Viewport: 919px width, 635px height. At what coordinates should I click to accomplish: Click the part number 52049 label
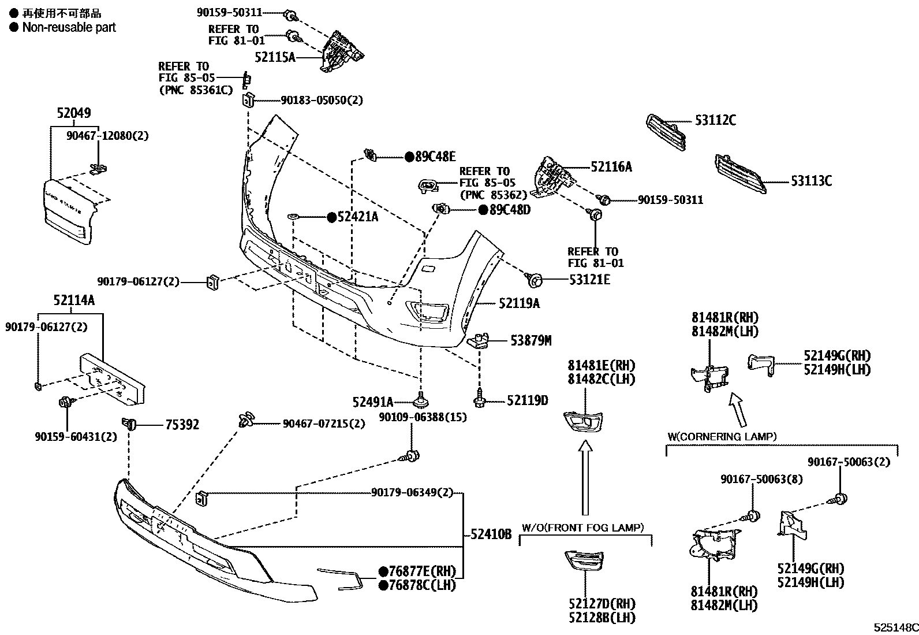pos(74,114)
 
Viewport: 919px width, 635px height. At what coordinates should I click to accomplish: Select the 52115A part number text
pos(275,57)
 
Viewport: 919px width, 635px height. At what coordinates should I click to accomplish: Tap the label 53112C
pos(715,121)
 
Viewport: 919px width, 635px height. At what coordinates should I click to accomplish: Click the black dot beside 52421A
pos(331,217)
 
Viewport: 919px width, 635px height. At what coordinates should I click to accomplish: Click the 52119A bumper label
pos(520,303)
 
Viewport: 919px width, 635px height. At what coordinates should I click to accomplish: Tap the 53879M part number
pos(531,341)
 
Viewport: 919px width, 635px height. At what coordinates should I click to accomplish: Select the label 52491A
pos(373,402)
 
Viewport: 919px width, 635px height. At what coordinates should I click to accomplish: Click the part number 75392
pos(182,425)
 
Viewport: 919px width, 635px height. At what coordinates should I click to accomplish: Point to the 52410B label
pos(491,534)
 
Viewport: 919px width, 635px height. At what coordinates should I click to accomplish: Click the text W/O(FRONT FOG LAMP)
pos(583,528)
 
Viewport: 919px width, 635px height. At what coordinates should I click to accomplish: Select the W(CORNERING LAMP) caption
pos(722,436)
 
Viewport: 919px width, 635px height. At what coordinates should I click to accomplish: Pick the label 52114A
pos(74,300)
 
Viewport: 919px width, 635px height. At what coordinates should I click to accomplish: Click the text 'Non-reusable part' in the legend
pos(69,27)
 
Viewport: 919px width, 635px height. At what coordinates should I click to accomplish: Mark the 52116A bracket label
pos(611,167)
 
